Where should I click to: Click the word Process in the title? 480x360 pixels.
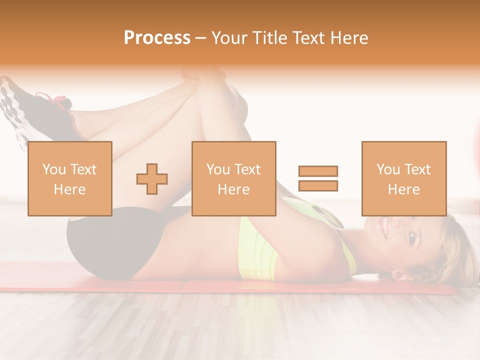(x=157, y=38)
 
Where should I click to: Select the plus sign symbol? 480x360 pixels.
(x=152, y=179)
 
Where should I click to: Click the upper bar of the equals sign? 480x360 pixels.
(x=318, y=171)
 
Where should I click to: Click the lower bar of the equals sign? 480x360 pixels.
(x=318, y=186)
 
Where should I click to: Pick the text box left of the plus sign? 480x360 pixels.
(x=70, y=179)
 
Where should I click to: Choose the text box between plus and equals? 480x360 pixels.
(x=233, y=179)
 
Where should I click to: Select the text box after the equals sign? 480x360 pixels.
(x=404, y=179)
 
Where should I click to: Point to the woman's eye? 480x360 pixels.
(x=411, y=238)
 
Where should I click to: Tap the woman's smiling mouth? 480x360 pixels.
(x=385, y=229)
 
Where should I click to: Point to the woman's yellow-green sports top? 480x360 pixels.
(x=260, y=250)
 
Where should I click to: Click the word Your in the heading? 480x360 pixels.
(x=230, y=38)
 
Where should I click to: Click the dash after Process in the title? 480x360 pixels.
(x=201, y=38)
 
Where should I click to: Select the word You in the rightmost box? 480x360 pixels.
(x=388, y=169)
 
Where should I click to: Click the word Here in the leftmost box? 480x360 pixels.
(x=69, y=189)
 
